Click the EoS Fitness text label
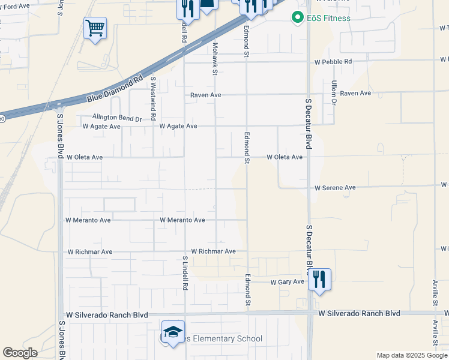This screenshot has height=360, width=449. pyautogui.click(x=328, y=18)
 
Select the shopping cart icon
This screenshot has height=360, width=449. pyautogui.click(x=95, y=28)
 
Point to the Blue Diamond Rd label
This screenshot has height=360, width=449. pyautogui.click(x=115, y=88)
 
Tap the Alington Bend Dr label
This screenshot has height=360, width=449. pyautogui.click(x=117, y=119)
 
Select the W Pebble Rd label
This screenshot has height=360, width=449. pyautogui.click(x=333, y=62)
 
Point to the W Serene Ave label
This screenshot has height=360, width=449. pyautogui.click(x=336, y=188)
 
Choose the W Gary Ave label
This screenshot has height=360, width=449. pyautogui.click(x=288, y=282)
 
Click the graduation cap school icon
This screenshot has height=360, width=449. pyautogui.click(x=173, y=332)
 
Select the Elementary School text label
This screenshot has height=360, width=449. pyautogui.click(x=225, y=339)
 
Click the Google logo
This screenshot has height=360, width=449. pyautogui.click(x=20, y=353)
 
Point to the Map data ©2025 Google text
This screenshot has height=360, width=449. pyautogui.click(x=411, y=355)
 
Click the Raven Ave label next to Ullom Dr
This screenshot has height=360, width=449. pyautogui.click(x=355, y=94)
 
